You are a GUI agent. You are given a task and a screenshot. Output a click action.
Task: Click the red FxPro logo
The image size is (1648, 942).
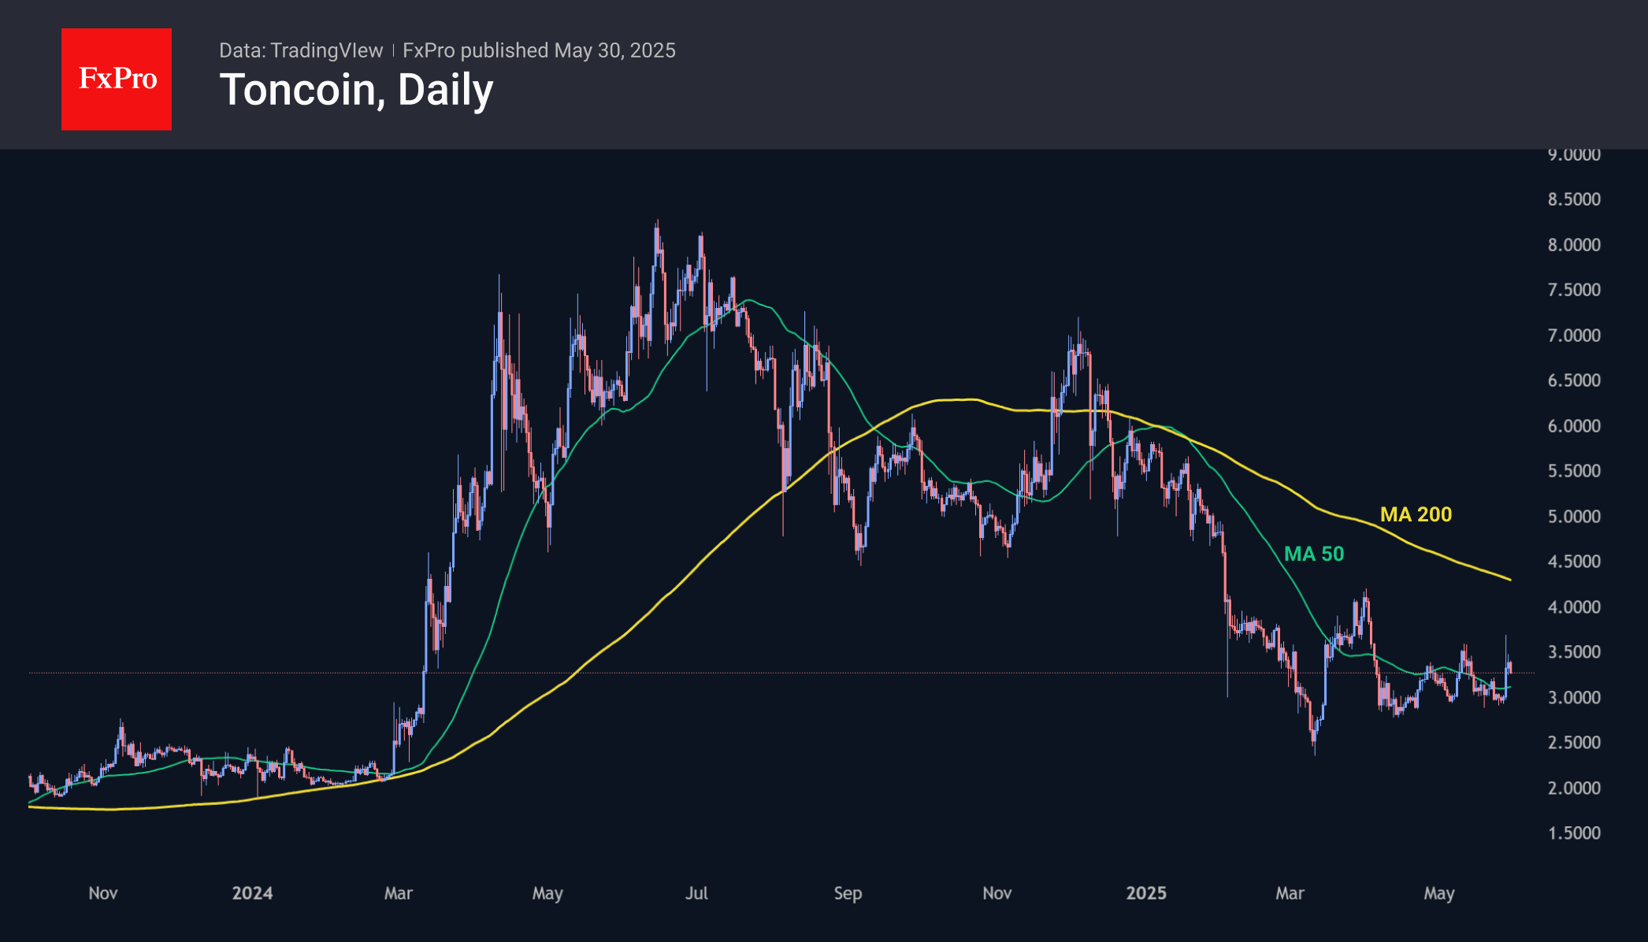[x=117, y=79]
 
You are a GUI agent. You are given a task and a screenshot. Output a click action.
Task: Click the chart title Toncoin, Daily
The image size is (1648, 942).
[x=356, y=90]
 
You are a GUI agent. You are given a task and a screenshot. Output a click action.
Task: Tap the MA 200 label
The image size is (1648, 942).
[x=1416, y=514]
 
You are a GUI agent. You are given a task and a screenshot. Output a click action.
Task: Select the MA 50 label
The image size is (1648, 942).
[x=1314, y=554]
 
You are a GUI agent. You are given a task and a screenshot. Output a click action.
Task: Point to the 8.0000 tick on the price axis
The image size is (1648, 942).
[x=1574, y=245]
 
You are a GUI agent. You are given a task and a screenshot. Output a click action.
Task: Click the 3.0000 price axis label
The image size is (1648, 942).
[x=1574, y=698]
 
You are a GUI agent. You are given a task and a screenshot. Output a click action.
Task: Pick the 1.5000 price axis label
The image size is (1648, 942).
[x=1574, y=833]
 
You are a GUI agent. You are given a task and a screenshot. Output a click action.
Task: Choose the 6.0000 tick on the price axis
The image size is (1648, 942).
[x=1574, y=426]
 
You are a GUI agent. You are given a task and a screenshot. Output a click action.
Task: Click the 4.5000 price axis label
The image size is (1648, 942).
[x=1574, y=562]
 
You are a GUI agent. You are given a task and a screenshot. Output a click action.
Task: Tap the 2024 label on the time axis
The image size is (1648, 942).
[x=252, y=893]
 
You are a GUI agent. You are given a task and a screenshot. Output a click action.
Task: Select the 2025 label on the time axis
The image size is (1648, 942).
[x=1146, y=893]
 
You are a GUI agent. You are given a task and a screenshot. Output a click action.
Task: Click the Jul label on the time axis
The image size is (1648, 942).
[x=696, y=893]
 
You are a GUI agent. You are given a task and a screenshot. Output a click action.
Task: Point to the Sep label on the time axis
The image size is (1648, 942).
[x=848, y=893]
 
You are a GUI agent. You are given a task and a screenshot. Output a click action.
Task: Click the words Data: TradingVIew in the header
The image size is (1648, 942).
[x=301, y=50]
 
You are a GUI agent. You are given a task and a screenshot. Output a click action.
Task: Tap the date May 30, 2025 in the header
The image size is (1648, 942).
[x=614, y=50]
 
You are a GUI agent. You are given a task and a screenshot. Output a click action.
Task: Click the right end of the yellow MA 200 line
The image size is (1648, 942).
[x=1509, y=580]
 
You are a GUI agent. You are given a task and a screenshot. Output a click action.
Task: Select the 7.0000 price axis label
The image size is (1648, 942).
[x=1574, y=336]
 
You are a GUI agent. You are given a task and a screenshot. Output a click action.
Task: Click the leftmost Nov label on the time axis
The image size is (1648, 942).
[x=103, y=893]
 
